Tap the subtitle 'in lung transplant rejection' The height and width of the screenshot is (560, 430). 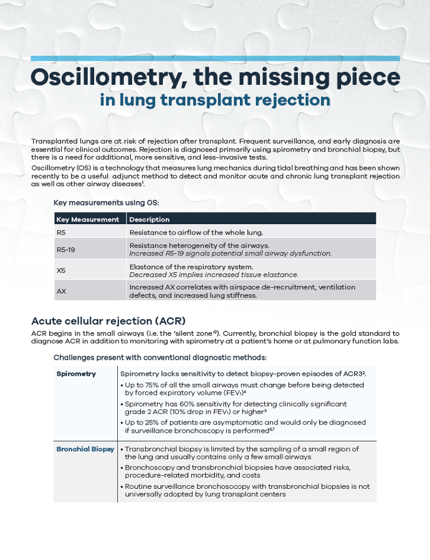click(x=215, y=100)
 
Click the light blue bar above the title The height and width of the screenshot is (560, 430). click(x=215, y=59)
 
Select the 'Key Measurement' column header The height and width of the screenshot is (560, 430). click(x=87, y=219)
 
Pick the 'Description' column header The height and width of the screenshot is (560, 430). click(x=150, y=219)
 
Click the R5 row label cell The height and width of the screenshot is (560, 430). click(x=61, y=232)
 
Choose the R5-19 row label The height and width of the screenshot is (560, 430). click(x=65, y=249)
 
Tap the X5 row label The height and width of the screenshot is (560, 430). click(x=61, y=270)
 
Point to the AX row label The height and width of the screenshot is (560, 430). click(x=61, y=291)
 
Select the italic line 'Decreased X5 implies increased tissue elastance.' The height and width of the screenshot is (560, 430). click(x=214, y=275)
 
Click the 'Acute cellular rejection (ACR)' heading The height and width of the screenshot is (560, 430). click(x=108, y=321)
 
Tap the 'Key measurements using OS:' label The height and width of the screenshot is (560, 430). click(x=106, y=202)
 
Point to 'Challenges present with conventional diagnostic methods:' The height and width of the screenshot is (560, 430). click(x=160, y=357)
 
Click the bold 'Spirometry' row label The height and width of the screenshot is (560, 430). click(x=76, y=373)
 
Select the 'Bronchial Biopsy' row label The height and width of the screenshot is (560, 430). click(x=85, y=449)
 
